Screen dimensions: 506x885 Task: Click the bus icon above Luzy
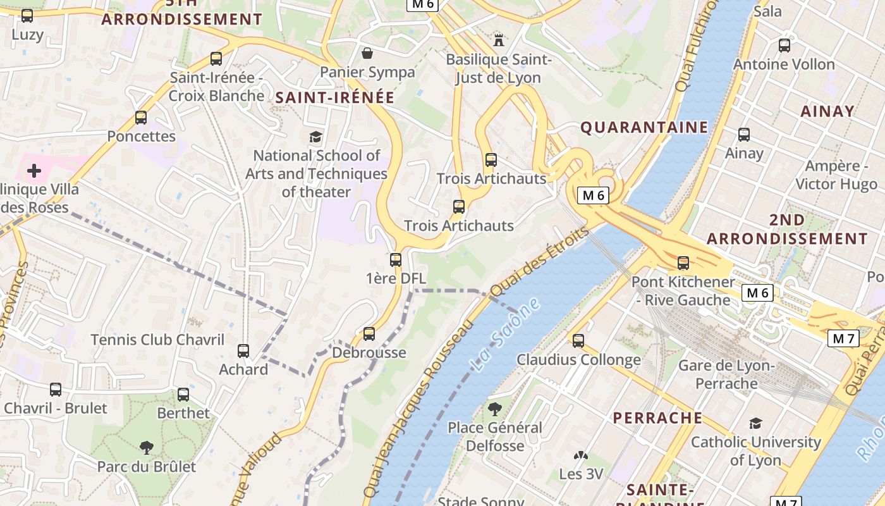[x=27, y=16]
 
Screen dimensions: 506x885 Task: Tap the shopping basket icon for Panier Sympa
[x=367, y=52]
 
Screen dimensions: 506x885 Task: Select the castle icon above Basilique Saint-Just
[x=499, y=40]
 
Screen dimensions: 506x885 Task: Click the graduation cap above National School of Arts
[x=315, y=137]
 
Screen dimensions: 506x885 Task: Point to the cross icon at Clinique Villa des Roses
[x=34, y=171]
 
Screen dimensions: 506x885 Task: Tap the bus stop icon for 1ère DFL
[x=396, y=259]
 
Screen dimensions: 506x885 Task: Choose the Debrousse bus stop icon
[x=369, y=333]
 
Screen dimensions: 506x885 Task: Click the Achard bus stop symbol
[x=243, y=350]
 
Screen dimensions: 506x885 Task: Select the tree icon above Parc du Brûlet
[x=147, y=448]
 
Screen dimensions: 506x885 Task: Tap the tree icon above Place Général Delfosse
[x=495, y=409]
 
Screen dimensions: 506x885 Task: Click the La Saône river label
[x=505, y=335]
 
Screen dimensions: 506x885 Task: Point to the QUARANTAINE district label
[x=644, y=127]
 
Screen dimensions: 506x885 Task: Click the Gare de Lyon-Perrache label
[x=726, y=374]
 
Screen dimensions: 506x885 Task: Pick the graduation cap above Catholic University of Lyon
[x=755, y=423]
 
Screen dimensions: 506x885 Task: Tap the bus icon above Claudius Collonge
[x=578, y=341]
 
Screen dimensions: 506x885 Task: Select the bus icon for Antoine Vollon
[x=784, y=46]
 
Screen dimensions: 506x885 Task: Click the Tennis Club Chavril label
[x=157, y=340]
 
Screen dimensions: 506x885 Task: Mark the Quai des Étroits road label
[x=539, y=260]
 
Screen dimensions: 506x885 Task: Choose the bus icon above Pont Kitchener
[x=683, y=262]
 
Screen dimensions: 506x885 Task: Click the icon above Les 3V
[x=580, y=455]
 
